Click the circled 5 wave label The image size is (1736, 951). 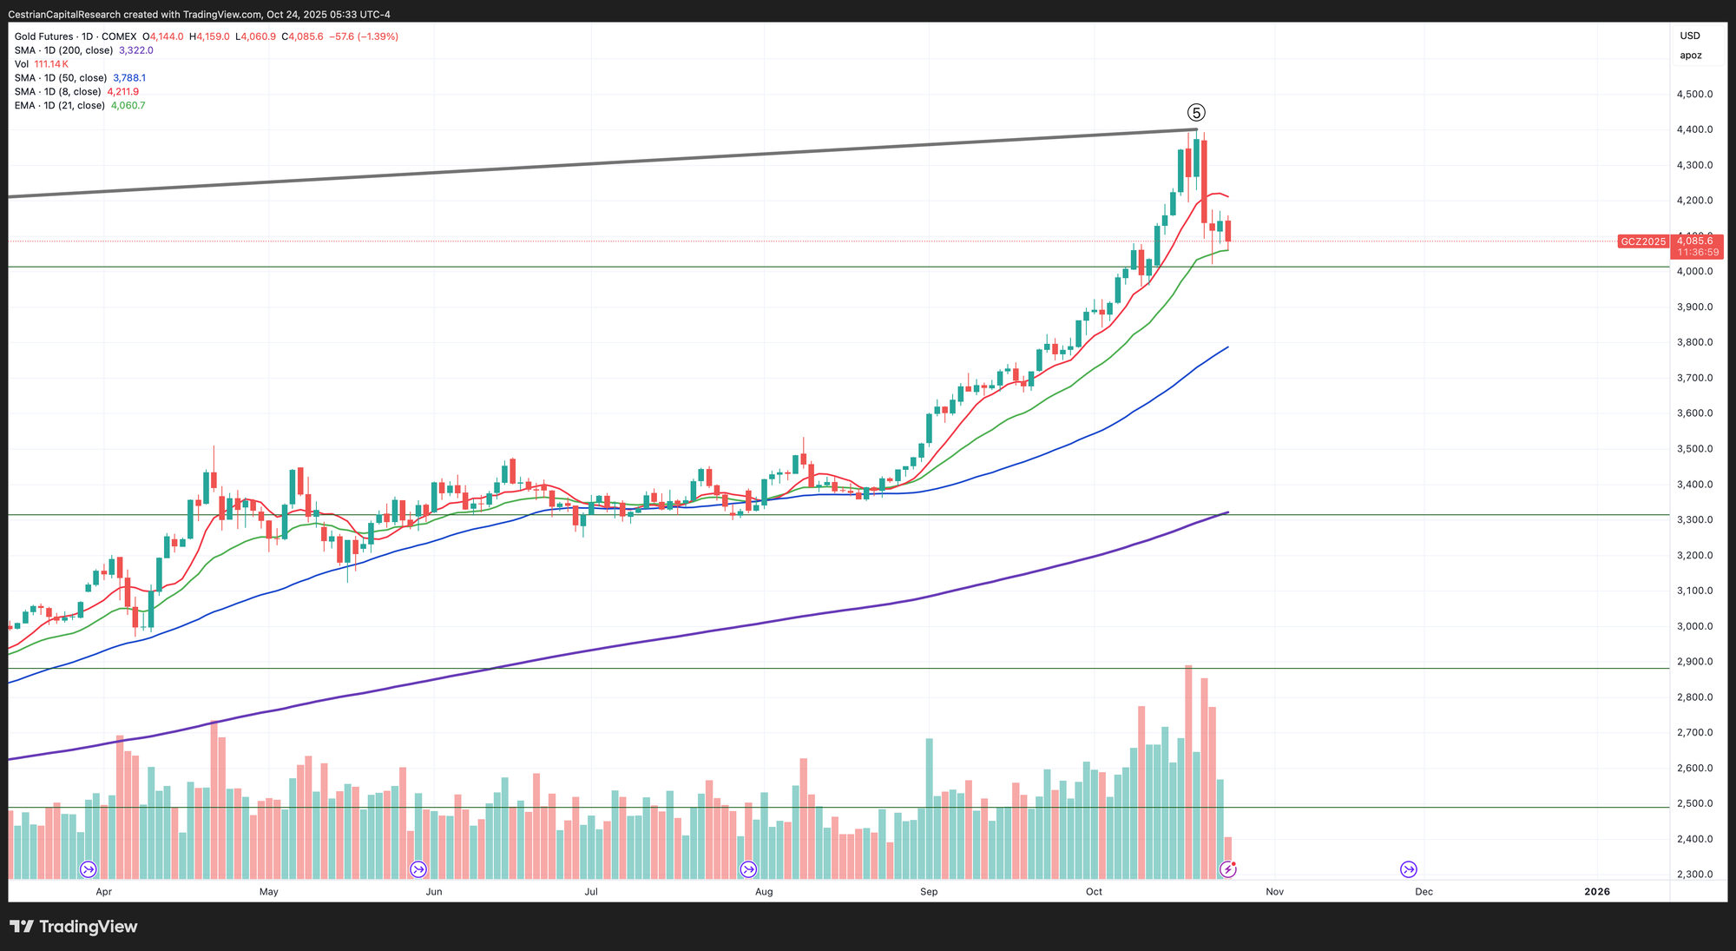1196,113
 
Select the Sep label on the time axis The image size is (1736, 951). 929,891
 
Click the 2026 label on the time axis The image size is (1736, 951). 1596,891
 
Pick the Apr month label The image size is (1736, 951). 104,891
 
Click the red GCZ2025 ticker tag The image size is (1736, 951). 1643,241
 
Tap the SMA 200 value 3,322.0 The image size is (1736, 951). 136,50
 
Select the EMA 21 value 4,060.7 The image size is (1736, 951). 128,106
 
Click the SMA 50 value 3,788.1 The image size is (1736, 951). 129,78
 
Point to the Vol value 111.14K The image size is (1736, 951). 51,64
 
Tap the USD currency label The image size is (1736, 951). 1690,36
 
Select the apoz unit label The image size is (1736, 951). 1690,56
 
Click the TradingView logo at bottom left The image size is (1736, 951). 74,927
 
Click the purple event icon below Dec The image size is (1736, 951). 1408,869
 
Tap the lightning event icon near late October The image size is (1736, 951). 1227,869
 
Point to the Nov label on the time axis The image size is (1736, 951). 1274,891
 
